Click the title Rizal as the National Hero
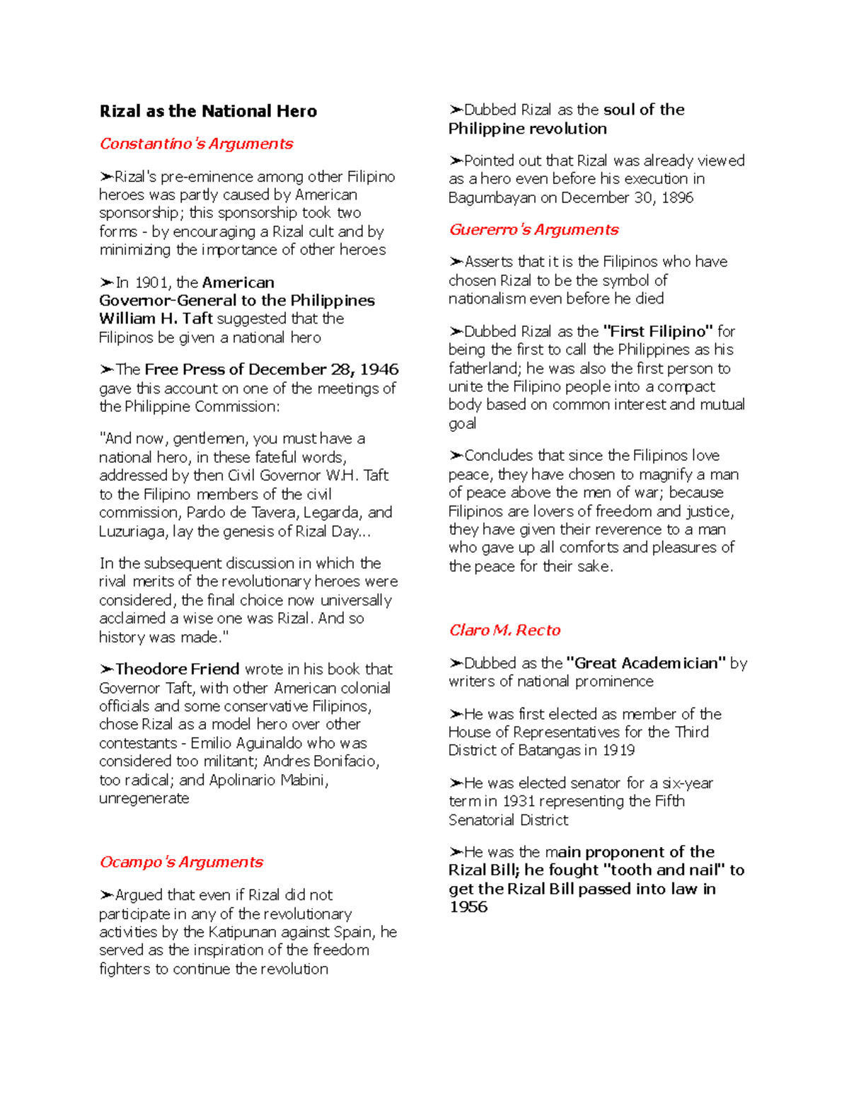point(208,111)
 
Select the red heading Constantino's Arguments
point(196,144)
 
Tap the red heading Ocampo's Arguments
point(181,862)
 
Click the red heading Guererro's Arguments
point(533,230)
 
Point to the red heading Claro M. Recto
point(504,631)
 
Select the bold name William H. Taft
point(156,319)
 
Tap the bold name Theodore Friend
point(177,669)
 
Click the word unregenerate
point(144,798)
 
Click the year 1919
point(618,750)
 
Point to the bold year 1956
point(468,907)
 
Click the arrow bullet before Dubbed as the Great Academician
point(456,663)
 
